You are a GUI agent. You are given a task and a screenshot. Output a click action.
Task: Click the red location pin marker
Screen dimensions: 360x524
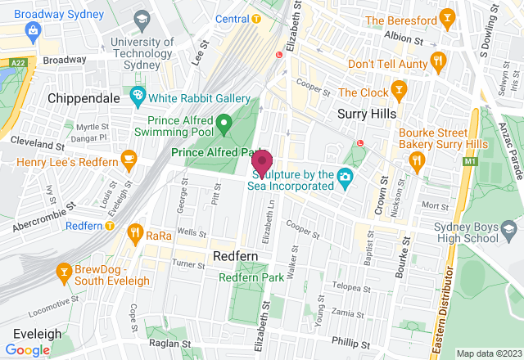tap(262, 162)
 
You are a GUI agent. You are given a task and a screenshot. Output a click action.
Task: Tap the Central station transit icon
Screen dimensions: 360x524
tap(256, 19)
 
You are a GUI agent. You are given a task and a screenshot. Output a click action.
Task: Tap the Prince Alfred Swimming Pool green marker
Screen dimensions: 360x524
tap(225, 125)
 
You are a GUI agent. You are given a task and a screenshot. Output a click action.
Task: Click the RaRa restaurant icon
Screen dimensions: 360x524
tap(135, 236)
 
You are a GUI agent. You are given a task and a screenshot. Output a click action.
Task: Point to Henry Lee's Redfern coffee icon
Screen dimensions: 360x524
tap(128, 157)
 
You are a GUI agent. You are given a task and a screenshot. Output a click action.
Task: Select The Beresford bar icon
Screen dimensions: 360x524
tap(447, 19)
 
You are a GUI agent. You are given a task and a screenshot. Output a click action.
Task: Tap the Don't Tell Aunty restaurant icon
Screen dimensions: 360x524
tap(439, 62)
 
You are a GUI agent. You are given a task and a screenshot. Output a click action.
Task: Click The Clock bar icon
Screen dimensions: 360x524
tap(399, 88)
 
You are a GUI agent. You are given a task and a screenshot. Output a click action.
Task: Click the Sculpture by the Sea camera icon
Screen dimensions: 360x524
tap(346, 175)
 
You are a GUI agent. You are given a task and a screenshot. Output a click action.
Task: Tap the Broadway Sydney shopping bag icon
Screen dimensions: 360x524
tap(34, 32)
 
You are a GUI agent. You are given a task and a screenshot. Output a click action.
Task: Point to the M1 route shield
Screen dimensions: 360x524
tap(470, 163)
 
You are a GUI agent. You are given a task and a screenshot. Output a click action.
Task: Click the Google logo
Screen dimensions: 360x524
tap(28, 349)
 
